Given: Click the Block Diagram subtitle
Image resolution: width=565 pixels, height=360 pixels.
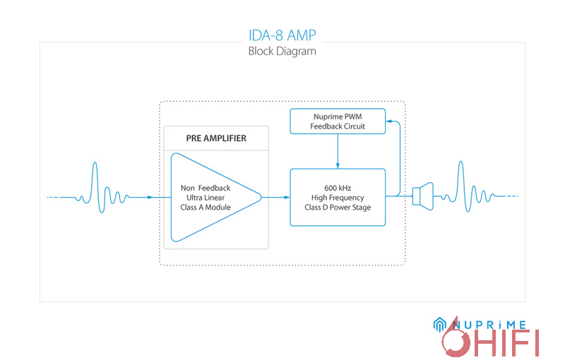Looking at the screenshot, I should [x=282, y=52].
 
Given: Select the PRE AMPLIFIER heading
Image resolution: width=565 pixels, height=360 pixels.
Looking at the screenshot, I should [x=216, y=138].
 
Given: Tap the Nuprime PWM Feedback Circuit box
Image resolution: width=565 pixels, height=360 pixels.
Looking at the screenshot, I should [x=338, y=121].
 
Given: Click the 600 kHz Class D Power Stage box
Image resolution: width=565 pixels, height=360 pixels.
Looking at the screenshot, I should [x=338, y=197].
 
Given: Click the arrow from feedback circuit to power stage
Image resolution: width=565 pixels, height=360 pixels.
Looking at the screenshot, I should [x=338, y=152].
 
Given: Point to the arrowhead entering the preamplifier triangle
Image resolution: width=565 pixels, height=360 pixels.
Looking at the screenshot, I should [x=150, y=197].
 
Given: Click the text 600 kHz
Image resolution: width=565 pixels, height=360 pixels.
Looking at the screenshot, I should [x=338, y=187].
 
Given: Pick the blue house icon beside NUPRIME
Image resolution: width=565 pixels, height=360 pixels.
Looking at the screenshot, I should [x=439, y=324].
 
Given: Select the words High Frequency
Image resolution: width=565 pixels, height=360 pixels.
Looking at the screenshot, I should [x=338, y=197].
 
